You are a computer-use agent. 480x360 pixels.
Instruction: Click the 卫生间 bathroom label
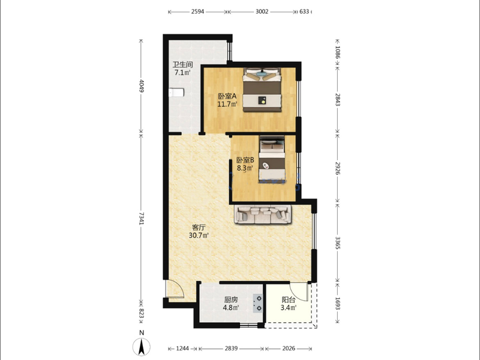(182, 65)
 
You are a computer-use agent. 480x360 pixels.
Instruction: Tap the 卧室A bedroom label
(227, 96)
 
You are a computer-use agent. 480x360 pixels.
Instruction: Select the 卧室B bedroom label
(245, 160)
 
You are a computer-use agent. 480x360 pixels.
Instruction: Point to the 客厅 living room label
(199, 227)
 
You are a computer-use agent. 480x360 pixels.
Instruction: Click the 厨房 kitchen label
(231, 299)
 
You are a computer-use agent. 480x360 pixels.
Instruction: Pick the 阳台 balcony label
(289, 299)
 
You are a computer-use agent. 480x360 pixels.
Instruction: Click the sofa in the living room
(263, 214)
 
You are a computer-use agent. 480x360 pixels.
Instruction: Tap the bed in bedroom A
(262, 89)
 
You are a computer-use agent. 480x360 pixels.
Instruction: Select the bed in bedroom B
(272, 159)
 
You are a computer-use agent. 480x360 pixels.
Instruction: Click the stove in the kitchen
(258, 303)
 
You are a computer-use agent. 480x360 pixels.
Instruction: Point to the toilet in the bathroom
(176, 92)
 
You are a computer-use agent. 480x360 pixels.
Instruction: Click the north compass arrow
(142, 347)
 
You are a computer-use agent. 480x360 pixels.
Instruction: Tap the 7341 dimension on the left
(141, 218)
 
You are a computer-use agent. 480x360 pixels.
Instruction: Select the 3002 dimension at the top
(262, 11)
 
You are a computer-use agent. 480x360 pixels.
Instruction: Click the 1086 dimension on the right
(337, 52)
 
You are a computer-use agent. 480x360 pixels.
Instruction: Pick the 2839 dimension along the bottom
(231, 349)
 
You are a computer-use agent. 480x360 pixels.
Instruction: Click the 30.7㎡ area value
(199, 235)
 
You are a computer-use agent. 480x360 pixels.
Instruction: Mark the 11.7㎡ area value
(227, 104)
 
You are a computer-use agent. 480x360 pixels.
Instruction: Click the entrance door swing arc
(178, 288)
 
